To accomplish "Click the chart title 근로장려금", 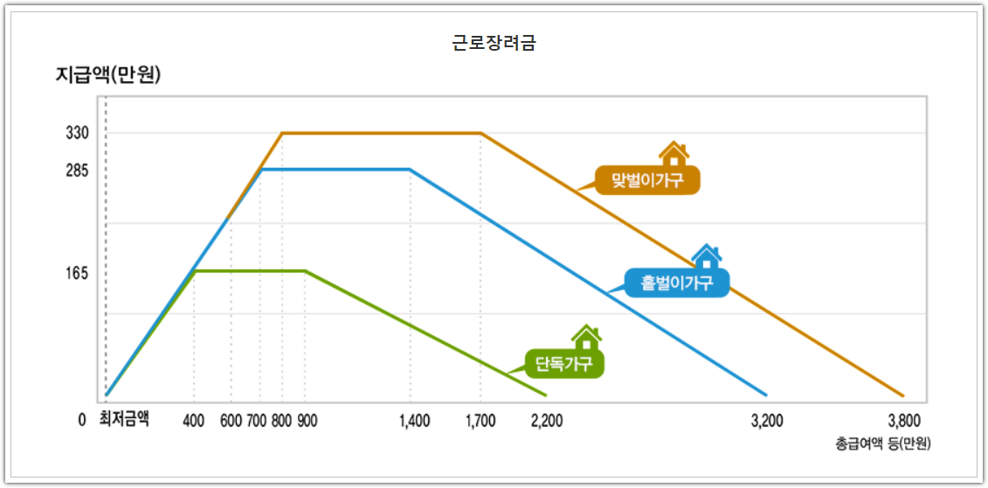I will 494,43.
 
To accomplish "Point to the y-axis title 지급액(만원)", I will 108,75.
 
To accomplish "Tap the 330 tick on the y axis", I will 77,134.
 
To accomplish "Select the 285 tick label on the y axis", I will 77,171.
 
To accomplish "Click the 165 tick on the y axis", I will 77,274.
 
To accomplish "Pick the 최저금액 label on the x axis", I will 124,419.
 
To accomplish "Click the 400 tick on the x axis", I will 194,421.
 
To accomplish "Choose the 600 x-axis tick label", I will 231,421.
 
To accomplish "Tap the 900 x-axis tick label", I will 307,421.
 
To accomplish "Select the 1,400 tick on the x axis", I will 414,421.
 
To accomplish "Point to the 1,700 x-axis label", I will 480,421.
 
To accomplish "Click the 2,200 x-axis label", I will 547,421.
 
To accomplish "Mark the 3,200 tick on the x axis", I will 767,421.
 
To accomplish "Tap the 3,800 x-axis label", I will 904,421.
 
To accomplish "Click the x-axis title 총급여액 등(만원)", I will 882,443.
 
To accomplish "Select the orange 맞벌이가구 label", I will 647,180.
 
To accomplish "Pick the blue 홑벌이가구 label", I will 677,282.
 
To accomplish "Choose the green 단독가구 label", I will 564,363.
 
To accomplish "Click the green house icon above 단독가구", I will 586,336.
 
